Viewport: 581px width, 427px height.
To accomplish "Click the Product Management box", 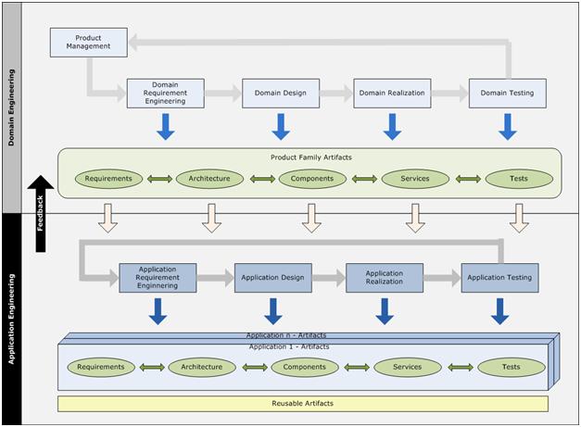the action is click(x=89, y=43).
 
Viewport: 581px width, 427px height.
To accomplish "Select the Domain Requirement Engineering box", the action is click(x=165, y=94).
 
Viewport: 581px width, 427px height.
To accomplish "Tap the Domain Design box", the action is click(x=281, y=94).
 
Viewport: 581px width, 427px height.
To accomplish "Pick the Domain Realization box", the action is click(x=392, y=94).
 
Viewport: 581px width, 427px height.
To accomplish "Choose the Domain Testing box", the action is click(x=507, y=94).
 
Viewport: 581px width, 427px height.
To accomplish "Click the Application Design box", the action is click(x=273, y=278).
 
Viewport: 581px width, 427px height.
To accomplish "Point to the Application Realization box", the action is click(x=385, y=278).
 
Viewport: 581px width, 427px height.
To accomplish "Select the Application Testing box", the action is click(x=499, y=278).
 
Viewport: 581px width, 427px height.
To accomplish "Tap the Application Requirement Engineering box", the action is click(x=158, y=278).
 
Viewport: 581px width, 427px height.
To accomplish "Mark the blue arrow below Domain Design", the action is click(x=281, y=127).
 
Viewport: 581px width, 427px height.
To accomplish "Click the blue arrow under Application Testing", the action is click(x=499, y=311).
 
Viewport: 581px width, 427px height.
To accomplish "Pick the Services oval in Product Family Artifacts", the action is click(x=415, y=179).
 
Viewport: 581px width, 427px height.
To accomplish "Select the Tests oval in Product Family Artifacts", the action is click(x=519, y=179).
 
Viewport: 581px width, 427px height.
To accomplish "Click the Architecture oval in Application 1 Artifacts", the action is click(x=202, y=368).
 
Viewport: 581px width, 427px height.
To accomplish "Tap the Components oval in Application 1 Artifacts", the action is click(x=305, y=368).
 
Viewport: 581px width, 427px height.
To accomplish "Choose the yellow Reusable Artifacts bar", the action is click(x=303, y=404).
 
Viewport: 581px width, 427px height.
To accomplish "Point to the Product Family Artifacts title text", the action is click(x=311, y=157).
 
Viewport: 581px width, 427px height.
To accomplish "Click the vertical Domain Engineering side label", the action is click(x=11, y=107).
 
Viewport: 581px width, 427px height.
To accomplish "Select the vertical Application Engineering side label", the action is click(x=11, y=319).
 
